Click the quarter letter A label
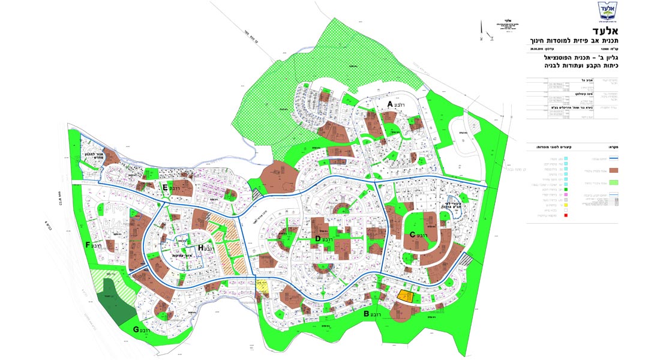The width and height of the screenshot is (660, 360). click(x=389, y=104)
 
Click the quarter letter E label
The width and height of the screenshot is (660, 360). click(x=164, y=188)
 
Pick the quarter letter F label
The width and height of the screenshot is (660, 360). click(x=88, y=245)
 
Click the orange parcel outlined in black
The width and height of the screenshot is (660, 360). click(x=406, y=296)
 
